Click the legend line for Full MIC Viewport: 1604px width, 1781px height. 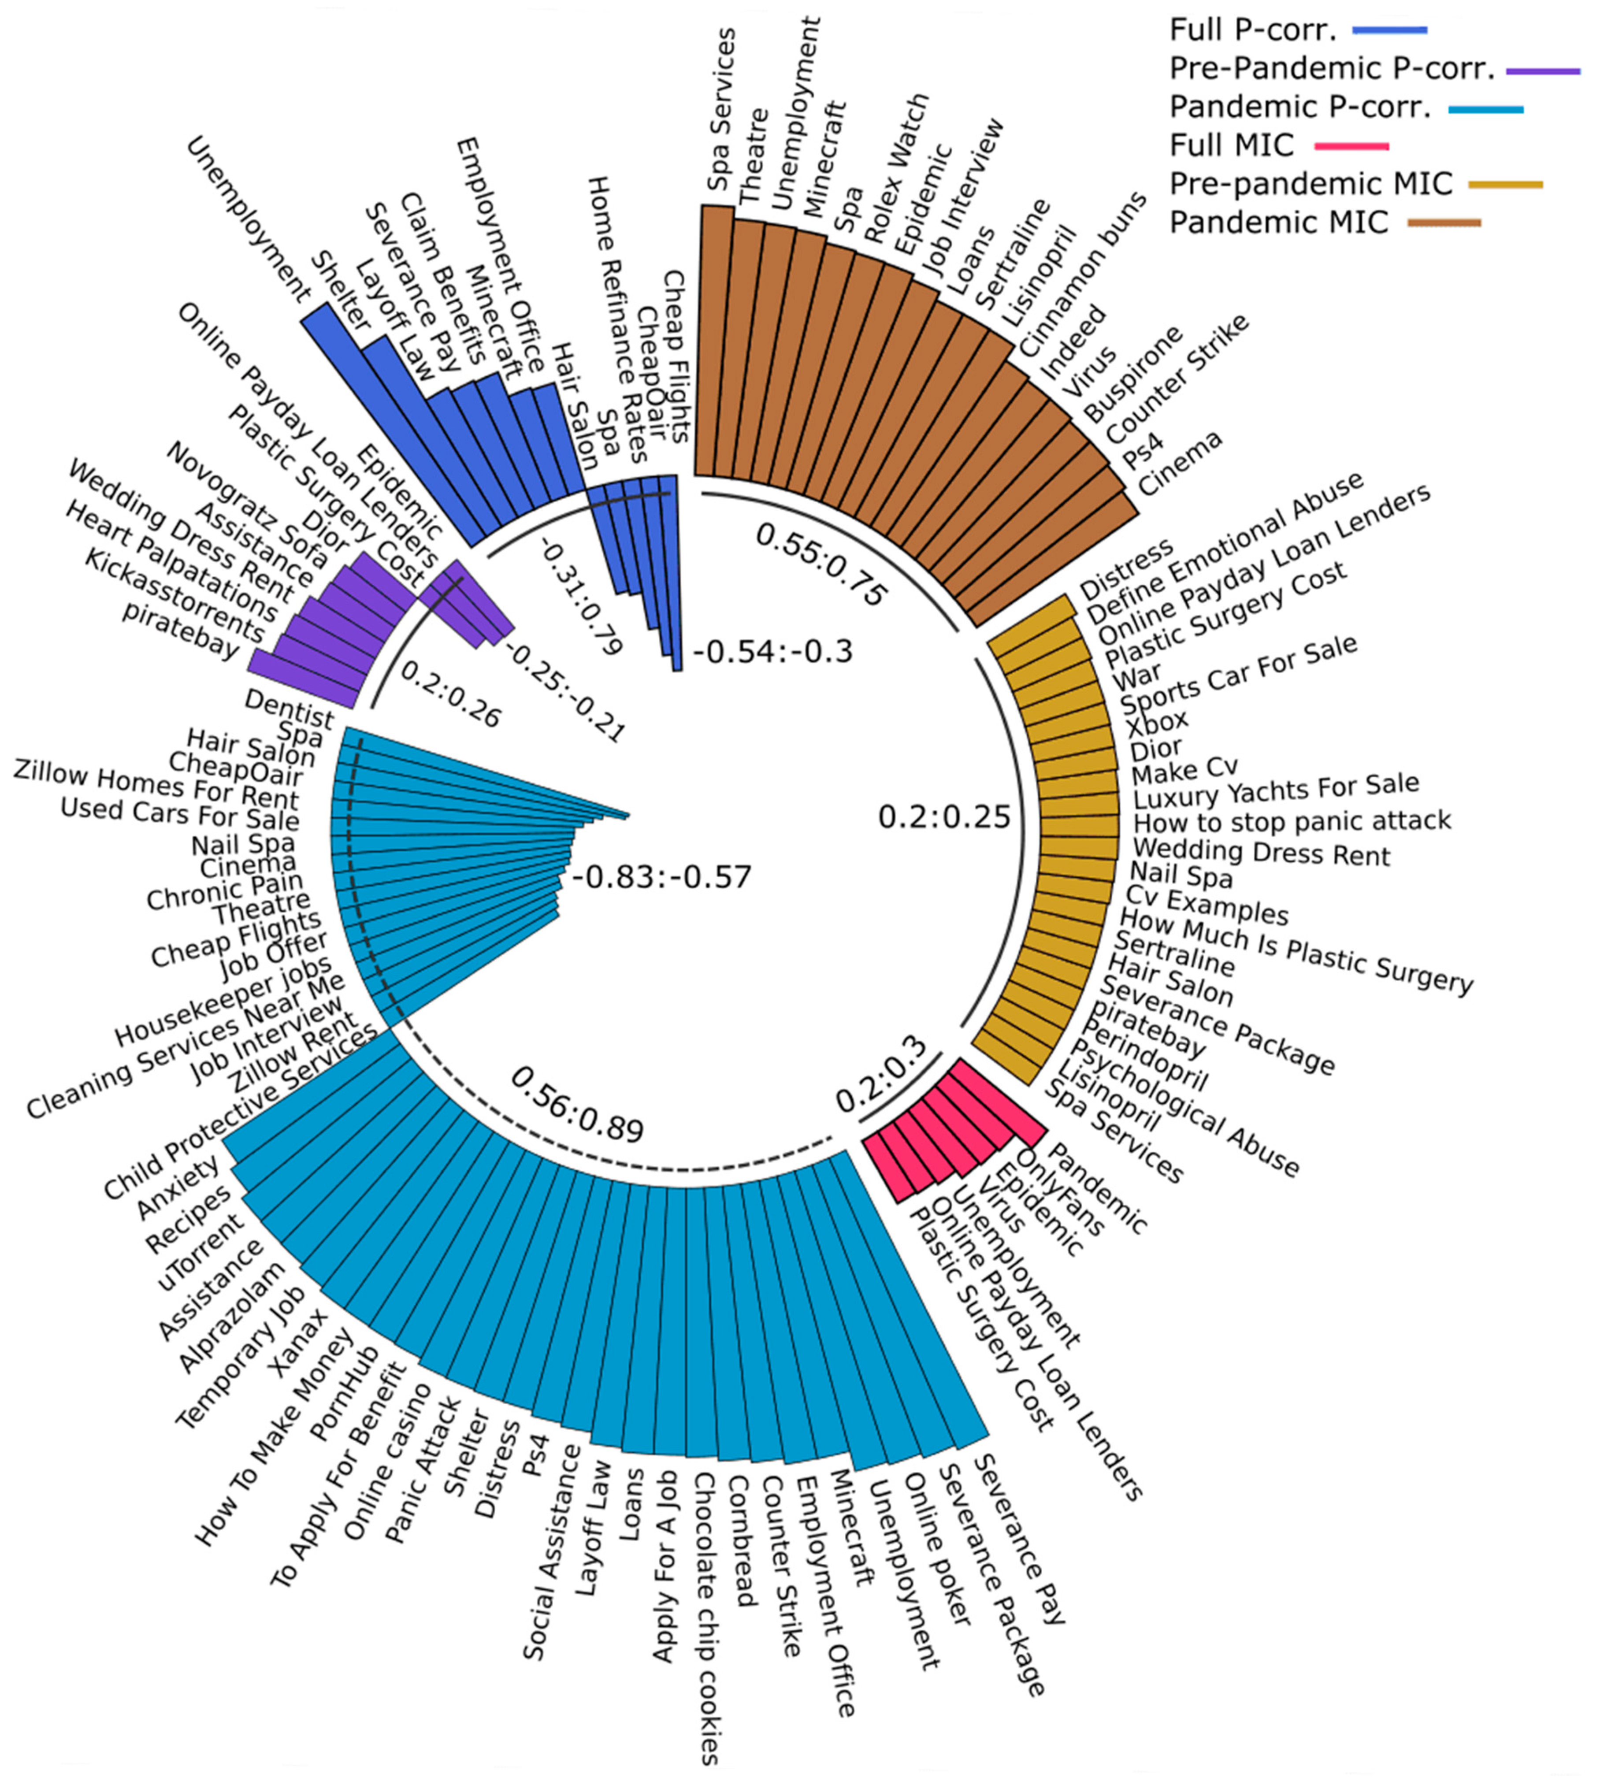[1351, 146]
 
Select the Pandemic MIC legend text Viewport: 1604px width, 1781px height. [1278, 222]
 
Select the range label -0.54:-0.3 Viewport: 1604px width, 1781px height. [773, 652]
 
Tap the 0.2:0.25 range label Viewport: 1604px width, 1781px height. [944, 817]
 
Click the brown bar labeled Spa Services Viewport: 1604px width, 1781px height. [716, 344]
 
